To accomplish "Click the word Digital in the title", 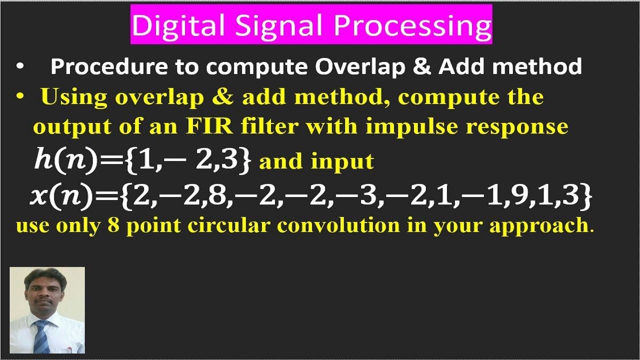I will [x=167, y=25].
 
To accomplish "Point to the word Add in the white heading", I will [x=458, y=66].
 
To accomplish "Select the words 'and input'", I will [x=316, y=161].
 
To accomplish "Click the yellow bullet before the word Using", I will [x=20, y=96].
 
